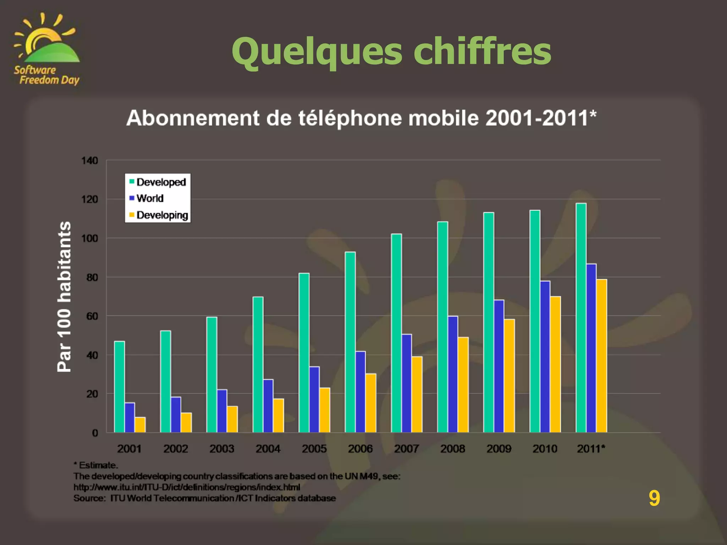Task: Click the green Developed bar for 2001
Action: [119, 387]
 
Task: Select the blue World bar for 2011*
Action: [591, 348]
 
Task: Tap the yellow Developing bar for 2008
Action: [463, 385]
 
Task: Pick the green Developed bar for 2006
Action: [350, 342]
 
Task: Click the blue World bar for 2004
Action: [268, 406]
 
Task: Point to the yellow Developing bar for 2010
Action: [556, 364]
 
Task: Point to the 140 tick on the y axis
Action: [90, 161]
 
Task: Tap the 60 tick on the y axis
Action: [92, 316]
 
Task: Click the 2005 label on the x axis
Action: [314, 449]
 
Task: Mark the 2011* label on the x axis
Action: [591, 449]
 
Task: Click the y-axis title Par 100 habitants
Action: [64, 297]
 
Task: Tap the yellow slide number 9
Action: [654, 498]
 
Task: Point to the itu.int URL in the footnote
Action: [187, 487]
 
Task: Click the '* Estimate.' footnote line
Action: [96, 465]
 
